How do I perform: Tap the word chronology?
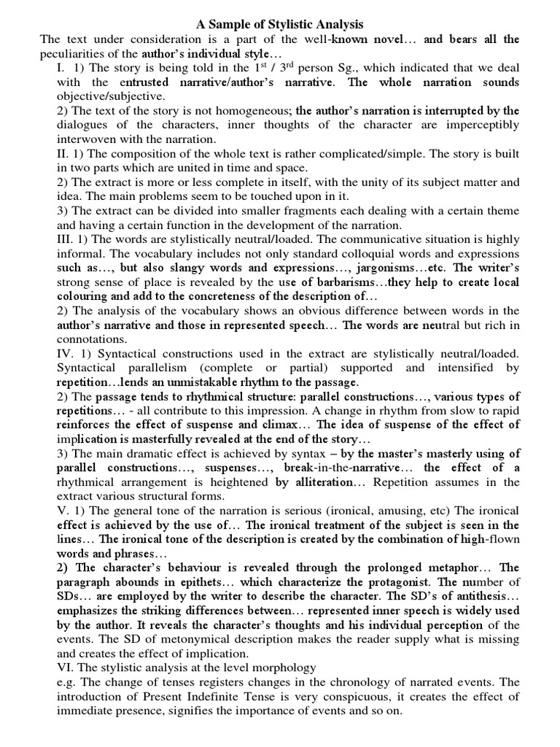[x=357, y=682]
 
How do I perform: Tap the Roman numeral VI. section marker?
[x=66, y=667]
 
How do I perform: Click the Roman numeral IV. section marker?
[x=66, y=354]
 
